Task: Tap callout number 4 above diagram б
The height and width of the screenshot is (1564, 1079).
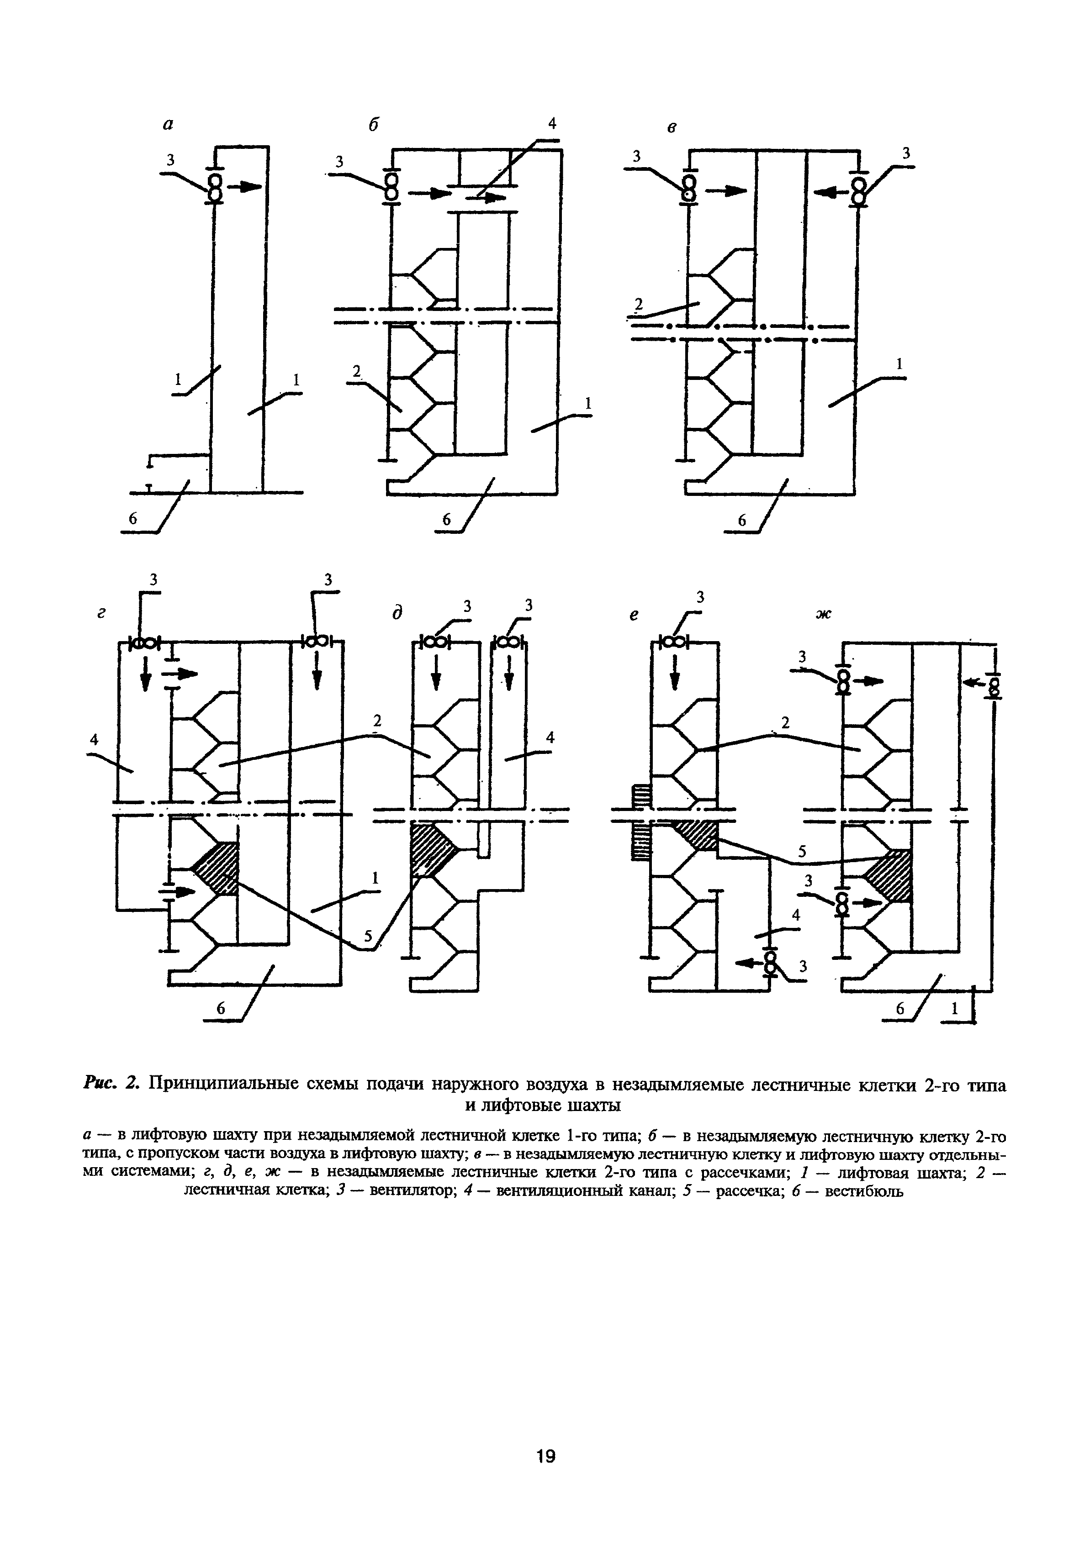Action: pyautogui.click(x=552, y=123)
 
